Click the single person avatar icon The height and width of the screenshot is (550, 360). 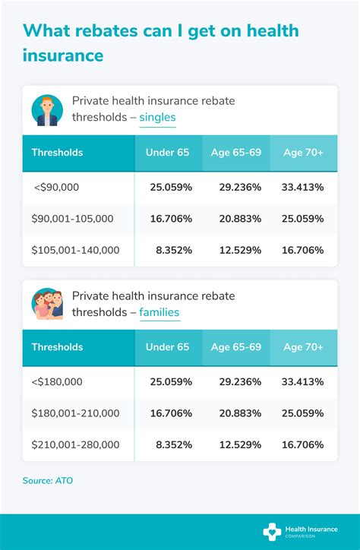coord(47,109)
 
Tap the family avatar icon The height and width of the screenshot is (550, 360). coord(47,303)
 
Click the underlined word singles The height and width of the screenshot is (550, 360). coord(157,118)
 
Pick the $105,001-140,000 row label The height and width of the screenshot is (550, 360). coord(75,250)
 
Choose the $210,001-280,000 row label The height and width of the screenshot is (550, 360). coord(75,444)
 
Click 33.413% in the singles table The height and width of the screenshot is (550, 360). coord(303,186)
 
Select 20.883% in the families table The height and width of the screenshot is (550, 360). coord(236,413)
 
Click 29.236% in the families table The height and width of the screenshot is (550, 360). coord(236,381)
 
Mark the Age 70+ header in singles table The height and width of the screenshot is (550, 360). coord(303,153)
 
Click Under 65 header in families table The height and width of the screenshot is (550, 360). coord(168,347)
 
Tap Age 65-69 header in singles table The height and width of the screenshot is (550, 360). coord(236,153)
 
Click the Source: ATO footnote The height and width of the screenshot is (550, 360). coord(48,480)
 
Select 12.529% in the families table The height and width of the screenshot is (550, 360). coord(236,444)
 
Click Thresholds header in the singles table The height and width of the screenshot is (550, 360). coord(57,153)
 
